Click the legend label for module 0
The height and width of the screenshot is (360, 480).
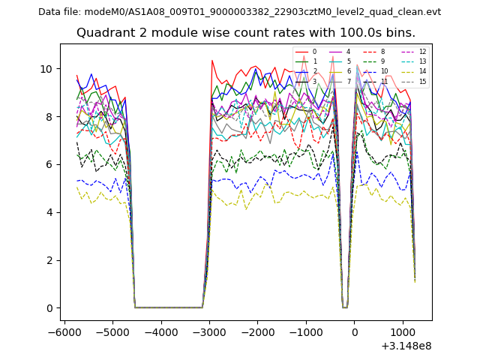(314, 52)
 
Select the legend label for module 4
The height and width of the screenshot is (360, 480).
(348, 52)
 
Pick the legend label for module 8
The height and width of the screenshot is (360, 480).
(382, 52)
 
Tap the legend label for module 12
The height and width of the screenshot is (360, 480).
(422, 52)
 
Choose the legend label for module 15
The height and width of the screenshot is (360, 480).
(422, 82)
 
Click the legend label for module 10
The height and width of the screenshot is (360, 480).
(384, 71)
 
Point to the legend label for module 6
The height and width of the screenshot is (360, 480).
(348, 71)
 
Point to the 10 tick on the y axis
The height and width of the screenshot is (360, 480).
(46, 69)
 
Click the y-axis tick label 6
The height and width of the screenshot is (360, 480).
(49, 164)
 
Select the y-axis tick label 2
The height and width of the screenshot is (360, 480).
(49, 260)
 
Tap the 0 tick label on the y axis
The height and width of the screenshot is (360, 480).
(49, 308)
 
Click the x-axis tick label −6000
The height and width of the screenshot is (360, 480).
(64, 331)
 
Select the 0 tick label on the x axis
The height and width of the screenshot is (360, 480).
(355, 331)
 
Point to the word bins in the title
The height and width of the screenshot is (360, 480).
(400, 33)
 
